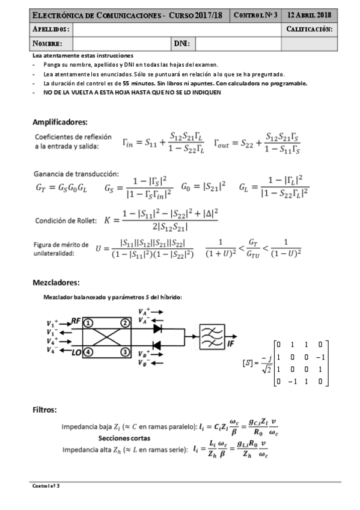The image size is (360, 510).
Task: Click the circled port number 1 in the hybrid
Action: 87,322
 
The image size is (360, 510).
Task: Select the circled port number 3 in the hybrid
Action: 126,351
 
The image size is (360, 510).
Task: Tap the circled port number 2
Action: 126,322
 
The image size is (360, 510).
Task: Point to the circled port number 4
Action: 87,351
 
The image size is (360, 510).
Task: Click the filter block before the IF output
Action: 210,337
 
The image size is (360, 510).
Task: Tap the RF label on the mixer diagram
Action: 75,322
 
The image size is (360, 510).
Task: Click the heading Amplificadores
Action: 60,121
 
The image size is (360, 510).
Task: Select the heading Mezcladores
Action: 56,283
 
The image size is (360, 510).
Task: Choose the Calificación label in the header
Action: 310,28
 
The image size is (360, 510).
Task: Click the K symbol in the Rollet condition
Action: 108,220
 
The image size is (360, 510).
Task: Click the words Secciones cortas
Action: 124,438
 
